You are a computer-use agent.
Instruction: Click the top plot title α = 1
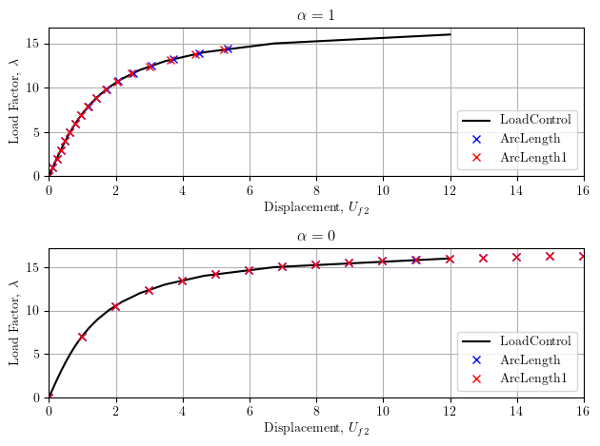coord(315,14)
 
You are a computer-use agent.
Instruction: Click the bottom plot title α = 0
coord(315,236)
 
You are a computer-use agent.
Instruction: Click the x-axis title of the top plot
coord(315,208)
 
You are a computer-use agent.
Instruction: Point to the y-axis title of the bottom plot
coord(14,322)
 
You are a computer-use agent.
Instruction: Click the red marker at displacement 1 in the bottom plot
coord(83,337)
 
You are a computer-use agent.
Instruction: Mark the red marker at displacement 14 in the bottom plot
coord(516,257)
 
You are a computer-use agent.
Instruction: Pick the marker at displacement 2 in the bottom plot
coord(116,306)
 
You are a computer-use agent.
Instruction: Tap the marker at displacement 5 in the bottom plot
coord(216,274)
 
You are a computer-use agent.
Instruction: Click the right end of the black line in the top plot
coord(450,34)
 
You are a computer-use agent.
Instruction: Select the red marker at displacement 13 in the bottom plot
coord(483,258)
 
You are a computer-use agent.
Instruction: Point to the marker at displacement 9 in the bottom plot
coord(350,262)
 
